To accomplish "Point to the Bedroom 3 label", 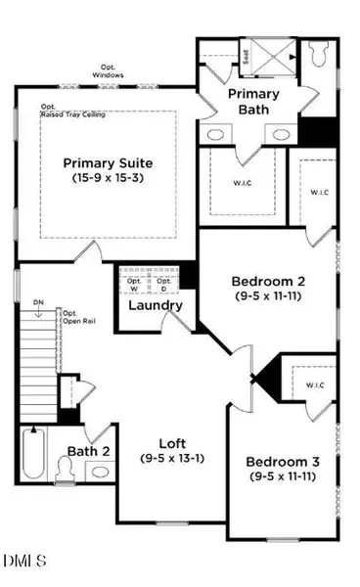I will pos(279,462).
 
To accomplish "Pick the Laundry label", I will pos(156,305).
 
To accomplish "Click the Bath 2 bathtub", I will pos(35,457).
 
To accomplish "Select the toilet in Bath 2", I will pos(67,472).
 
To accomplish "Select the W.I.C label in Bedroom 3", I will pos(315,384).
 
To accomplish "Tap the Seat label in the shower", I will pos(246,54).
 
